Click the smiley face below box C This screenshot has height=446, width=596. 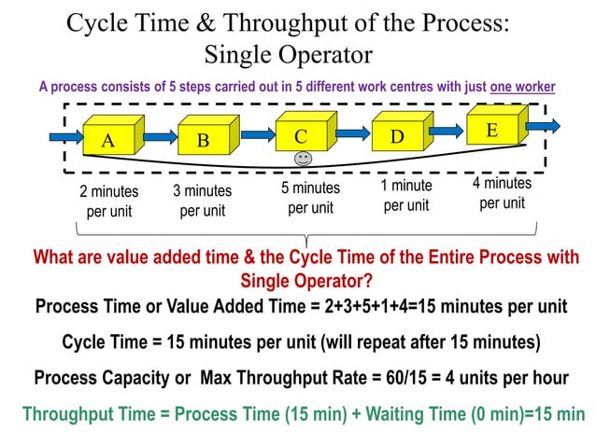(x=302, y=160)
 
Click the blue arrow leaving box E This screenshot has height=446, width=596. (x=546, y=126)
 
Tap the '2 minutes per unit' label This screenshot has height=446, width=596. (x=108, y=201)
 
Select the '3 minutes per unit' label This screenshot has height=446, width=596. (x=203, y=201)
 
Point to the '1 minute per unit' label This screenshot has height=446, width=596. (x=406, y=195)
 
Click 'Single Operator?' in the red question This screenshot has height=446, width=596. (x=305, y=280)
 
